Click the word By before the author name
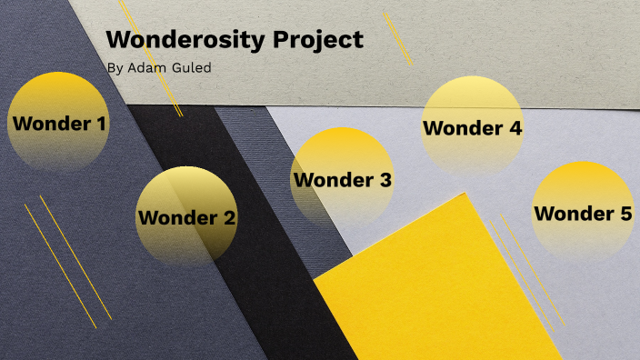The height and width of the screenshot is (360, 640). (x=113, y=68)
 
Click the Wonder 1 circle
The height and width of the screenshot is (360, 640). (x=58, y=122)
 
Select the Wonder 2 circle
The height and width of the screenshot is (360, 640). (x=186, y=217)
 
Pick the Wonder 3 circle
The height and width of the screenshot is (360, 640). (x=342, y=179)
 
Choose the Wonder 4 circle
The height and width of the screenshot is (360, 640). (x=473, y=127)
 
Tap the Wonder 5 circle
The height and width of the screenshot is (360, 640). (x=582, y=213)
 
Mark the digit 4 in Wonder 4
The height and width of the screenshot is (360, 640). (x=515, y=128)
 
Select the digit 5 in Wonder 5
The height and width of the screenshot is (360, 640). (x=625, y=215)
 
